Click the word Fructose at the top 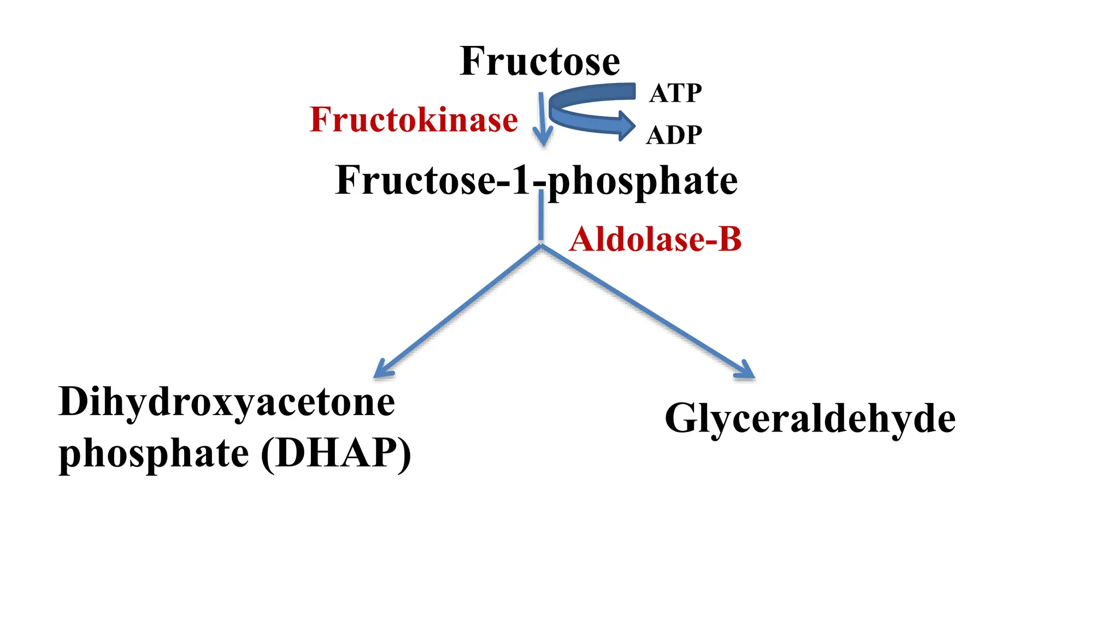pos(540,61)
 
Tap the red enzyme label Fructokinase pos(414,120)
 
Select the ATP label pos(675,93)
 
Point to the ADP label pos(674,135)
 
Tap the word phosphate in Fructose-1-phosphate pos(643,182)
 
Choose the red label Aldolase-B pos(655,240)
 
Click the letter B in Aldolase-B pos(730,240)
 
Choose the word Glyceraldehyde pos(810,419)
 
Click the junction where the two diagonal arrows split pos(541,246)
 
